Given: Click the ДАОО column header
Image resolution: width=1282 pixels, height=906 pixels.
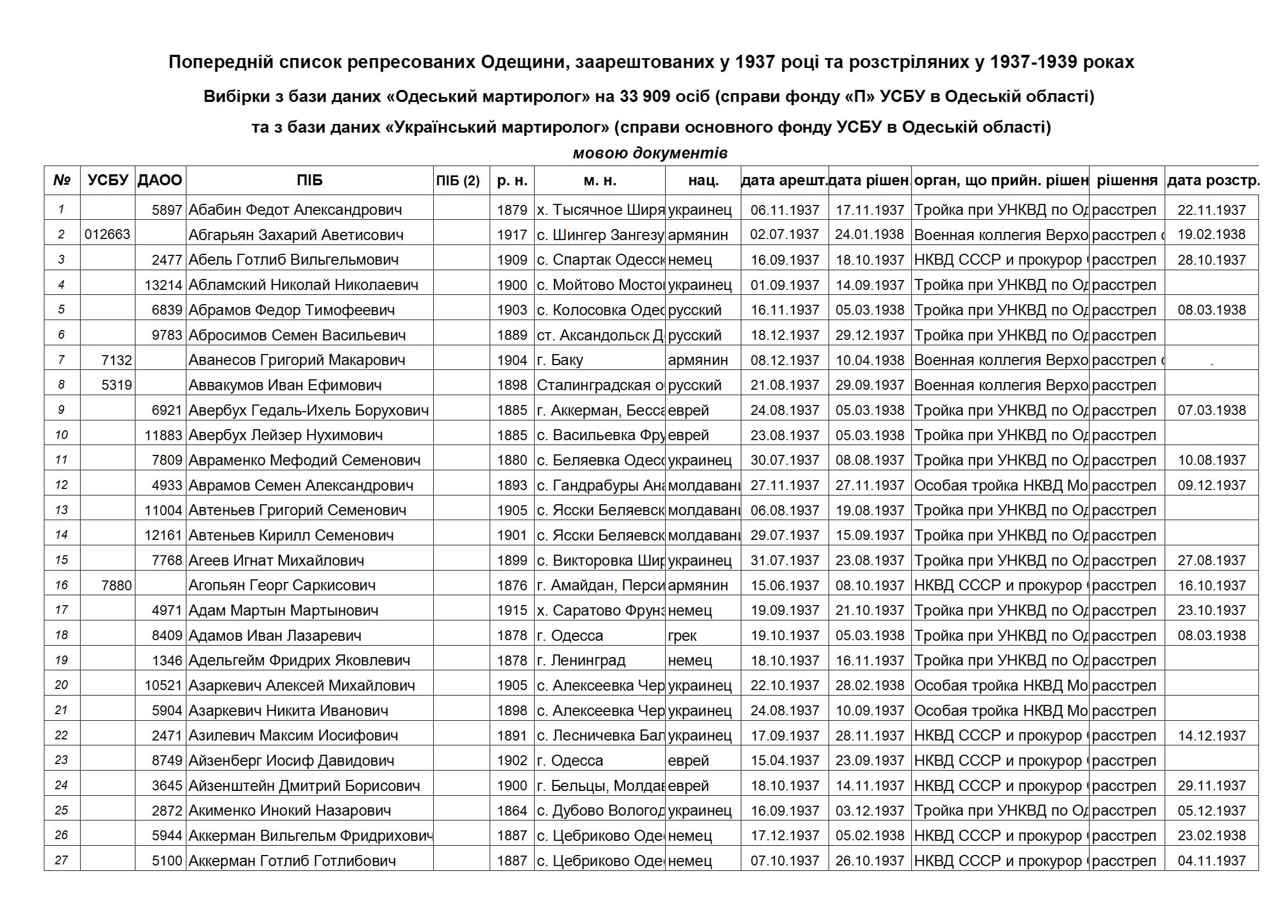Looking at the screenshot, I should (x=160, y=180).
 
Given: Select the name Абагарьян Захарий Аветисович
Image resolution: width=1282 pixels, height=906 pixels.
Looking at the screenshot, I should (x=296, y=235).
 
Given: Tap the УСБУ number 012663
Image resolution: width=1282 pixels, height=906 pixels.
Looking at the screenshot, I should (x=107, y=235).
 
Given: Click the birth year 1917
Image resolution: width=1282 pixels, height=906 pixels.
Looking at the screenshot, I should (x=512, y=235).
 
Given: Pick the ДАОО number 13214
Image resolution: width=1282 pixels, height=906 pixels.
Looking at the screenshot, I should (x=163, y=284).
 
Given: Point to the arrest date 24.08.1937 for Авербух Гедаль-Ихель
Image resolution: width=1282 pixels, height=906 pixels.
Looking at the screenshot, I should (x=785, y=411).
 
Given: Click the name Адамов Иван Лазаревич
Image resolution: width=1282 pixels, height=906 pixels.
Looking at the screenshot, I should (x=275, y=635).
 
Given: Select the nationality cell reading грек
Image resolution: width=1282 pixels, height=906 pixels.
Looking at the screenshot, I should (x=682, y=635).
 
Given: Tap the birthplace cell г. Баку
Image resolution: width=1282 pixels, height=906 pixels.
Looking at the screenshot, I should (x=560, y=360).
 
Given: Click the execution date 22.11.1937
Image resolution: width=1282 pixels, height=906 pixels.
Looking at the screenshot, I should (x=1212, y=210).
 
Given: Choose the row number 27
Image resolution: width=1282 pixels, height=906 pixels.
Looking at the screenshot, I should (x=61, y=860).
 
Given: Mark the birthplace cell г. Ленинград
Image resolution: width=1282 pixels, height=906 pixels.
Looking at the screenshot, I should (x=581, y=660).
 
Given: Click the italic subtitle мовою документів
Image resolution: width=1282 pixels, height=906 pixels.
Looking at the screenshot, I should (x=650, y=153).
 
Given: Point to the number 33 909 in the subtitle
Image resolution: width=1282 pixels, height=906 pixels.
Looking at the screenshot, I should (x=645, y=96).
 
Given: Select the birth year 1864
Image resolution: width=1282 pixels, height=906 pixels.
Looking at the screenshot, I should (x=512, y=811).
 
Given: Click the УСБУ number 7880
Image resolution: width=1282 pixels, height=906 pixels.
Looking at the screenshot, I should (x=117, y=585).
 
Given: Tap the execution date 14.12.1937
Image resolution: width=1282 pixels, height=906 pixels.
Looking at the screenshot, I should (x=1212, y=736).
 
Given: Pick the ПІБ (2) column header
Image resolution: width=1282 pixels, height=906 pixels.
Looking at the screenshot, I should (x=458, y=180).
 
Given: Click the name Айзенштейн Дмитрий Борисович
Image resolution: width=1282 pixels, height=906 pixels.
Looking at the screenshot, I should (x=304, y=785).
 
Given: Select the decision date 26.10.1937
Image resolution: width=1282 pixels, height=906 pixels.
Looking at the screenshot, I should (x=869, y=860).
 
